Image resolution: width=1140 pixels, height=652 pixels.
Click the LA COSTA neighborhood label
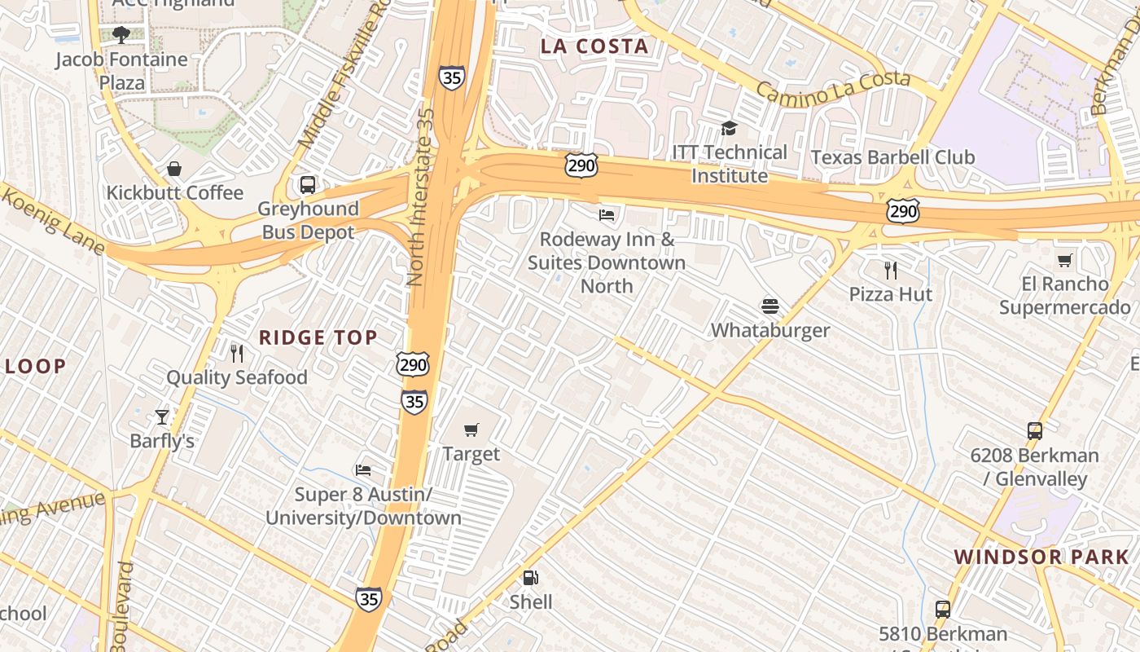(594, 46)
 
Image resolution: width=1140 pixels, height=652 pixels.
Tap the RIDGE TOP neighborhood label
(318, 337)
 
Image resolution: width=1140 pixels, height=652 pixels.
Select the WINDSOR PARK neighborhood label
(1041, 557)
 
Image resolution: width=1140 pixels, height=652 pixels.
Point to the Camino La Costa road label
(833, 89)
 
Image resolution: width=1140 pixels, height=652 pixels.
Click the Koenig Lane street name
(52, 220)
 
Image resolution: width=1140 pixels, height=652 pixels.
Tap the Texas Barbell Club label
(892, 157)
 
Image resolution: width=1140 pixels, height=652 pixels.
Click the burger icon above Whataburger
(770, 306)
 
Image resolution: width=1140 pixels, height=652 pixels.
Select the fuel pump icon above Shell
(531, 578)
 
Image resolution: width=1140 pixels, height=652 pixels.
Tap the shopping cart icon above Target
(471, 430)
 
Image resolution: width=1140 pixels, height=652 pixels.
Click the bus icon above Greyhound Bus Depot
(308, 185)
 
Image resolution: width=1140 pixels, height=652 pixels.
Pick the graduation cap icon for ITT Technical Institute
(729, 129)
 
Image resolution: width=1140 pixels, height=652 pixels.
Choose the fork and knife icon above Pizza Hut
(891, 270)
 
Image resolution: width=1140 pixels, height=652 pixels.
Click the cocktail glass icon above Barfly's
(162, 417)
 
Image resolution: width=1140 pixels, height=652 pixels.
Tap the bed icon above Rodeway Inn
(607, 215)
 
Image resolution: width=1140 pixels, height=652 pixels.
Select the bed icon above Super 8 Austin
(363, 470)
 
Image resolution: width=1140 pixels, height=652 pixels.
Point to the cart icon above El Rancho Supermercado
(1064, 261)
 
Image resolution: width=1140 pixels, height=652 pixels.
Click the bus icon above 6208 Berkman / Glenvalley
(1034, 431)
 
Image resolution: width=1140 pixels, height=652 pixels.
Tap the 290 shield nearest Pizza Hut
(904, 211)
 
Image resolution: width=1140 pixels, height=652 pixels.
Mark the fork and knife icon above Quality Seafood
(237, 353)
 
